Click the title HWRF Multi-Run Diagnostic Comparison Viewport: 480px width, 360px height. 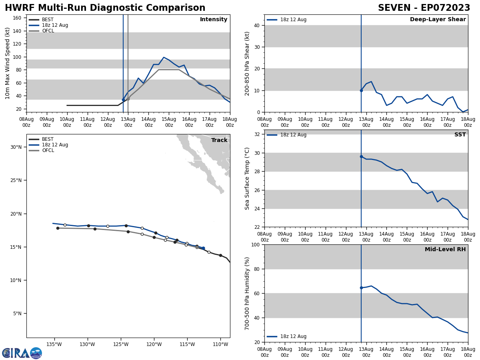tap(105, 8)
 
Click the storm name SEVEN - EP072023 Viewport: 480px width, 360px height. tap(424, 8)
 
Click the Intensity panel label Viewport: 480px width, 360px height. tap(214, 20)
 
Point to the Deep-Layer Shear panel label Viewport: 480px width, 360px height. tap(438, 20)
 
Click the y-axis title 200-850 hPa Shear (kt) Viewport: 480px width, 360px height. tap(248, 64)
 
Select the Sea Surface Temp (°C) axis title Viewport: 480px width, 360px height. tap(248, 178)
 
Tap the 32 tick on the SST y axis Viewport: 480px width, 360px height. tap(257, 134)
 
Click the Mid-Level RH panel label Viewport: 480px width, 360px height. tap(445, 250)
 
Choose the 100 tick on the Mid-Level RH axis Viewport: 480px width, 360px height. tap(255, 245)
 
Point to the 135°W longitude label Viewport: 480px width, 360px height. tap(54, 344)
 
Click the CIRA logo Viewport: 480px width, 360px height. tap(22, 353)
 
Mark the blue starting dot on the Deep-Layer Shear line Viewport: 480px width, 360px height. tap(361, 90)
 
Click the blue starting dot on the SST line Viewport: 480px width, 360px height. tap(361, 157)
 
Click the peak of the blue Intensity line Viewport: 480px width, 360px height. tap(164, 58)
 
